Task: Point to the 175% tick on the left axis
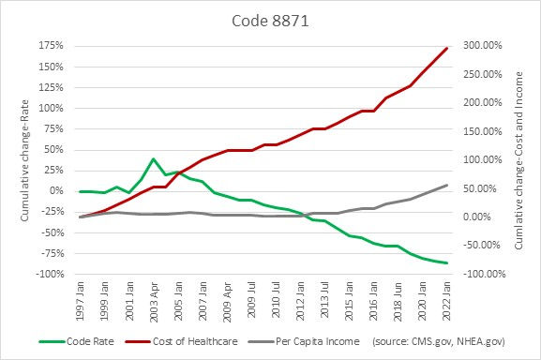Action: pos(52,45)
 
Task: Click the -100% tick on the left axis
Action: pos(49,274)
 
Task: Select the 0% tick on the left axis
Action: pos(57,191)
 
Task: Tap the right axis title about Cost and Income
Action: pos(518,159)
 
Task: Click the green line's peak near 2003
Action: pos(153,159)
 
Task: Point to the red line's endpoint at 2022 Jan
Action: pos(446,48)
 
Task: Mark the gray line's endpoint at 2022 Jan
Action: pos(446,185)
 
